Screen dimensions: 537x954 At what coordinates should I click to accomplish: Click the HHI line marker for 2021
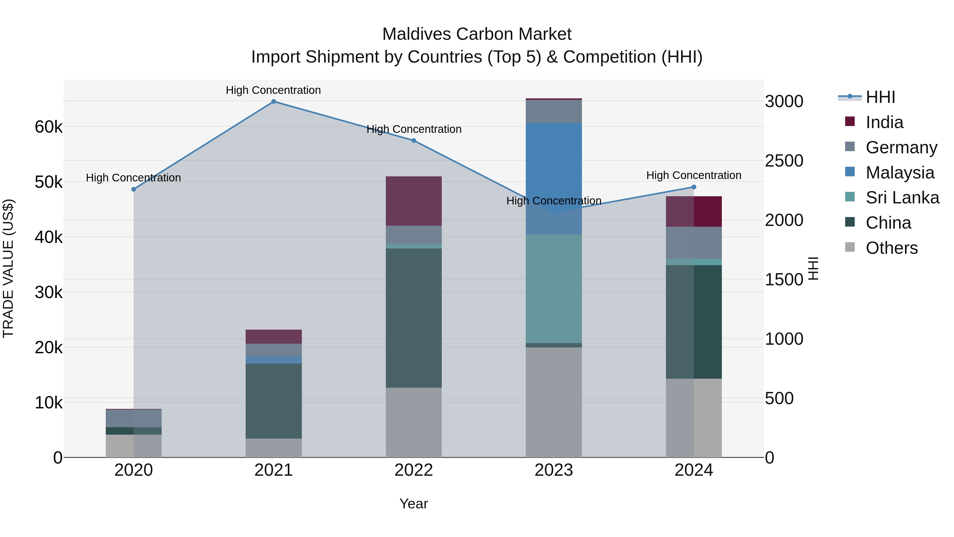pyautogui.click(x=273, y=102)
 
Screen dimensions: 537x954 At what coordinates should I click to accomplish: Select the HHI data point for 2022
pyautogui.click(x=414, y=141)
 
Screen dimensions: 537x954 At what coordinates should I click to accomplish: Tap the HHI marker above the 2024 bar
pyautogui.click(x=694, y=187)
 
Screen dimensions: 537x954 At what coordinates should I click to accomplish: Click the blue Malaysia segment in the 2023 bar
pyautogui.click(x=554, y=178)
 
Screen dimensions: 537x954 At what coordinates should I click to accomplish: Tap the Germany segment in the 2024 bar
pyautogui.click(x=694, y=242)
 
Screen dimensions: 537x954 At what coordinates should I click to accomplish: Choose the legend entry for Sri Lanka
pyautogui.click(x=902, y=198)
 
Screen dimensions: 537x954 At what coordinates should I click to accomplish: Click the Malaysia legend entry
pyautogui.click(x=900, y=173)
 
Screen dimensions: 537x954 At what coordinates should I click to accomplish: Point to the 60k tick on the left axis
pyautogui.click(x=48, y=127)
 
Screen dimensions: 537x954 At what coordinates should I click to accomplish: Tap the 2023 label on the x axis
pyautogui.click(x=554, y=470)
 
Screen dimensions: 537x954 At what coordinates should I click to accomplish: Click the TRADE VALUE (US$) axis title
pyautogui.click(x=8, y=268)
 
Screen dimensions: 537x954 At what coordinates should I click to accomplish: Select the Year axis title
pyautogui.click(x=414, y=504)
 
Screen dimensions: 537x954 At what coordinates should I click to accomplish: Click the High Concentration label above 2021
pyautogui.click(x=273, y=90)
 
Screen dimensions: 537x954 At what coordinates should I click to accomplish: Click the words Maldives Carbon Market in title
pyautogui.click(x=477, y=34)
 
